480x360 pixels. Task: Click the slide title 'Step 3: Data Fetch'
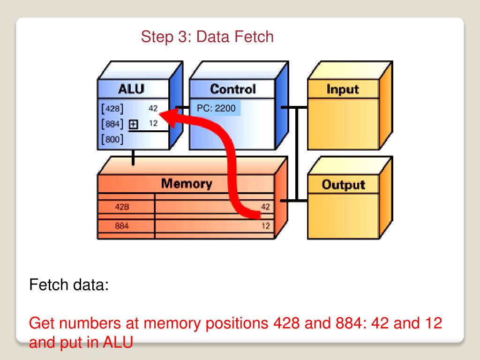point(207,37)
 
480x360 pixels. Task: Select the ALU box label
point(131,89)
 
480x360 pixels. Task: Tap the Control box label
point(232,89)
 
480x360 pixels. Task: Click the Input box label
point(343,90)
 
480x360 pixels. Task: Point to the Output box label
point(344,185)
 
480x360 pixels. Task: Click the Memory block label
point(187,184)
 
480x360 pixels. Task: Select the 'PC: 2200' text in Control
point(216,108)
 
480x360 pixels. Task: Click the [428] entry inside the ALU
point(112,109)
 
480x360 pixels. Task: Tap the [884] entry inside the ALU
point(112,124)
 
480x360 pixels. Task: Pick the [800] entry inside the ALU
point(112,139)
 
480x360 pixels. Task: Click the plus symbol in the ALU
point(133,124)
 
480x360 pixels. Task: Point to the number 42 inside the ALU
point(153,108)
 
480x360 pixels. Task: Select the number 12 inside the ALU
point(153,123)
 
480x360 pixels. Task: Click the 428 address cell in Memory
point(122,207)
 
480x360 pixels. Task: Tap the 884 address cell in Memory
point(122,226)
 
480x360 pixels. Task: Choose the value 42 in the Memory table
point(265,207)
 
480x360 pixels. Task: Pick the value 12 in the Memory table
point(266,226)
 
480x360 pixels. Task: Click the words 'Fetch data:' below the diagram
point(69,285)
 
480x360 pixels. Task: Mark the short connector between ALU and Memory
point(133,157)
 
